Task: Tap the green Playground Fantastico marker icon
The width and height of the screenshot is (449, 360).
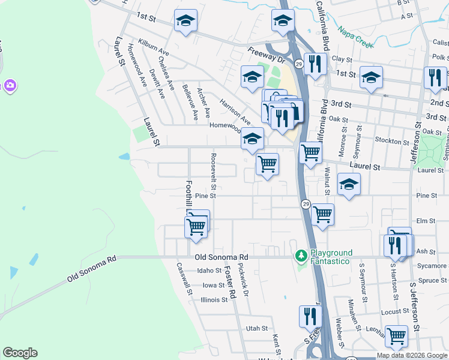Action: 301,256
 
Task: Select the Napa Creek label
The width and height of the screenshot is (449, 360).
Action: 354,37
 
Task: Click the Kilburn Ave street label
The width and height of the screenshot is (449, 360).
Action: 153,49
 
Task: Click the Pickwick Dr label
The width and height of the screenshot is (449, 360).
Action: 243,281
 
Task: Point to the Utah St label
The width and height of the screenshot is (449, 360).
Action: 256,328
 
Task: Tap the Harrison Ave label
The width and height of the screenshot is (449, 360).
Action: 235,109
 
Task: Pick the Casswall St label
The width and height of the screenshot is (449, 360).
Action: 184,280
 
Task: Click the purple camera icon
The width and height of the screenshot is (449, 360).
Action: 10,86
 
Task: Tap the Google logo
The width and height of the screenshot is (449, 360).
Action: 20,353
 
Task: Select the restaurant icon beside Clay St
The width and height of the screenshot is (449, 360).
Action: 314,63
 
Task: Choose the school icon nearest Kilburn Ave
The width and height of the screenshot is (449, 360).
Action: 185,21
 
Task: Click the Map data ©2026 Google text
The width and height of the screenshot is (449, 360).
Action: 411,355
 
